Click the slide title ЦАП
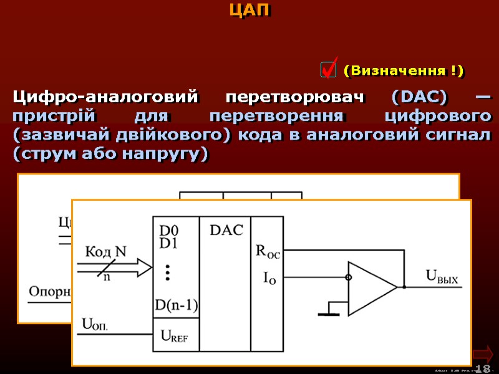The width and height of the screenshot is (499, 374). pyautogui.click(x=249, y=11)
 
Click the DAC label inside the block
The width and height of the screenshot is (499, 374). pyautogui.click(x=226, y=231)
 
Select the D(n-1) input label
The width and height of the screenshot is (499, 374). pyautogui.click(x=177, y=305)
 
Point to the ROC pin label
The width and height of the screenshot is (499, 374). pyautogui.click(x=268, y=252)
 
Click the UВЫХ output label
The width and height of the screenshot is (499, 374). pyautogui.click(x=441, y=279)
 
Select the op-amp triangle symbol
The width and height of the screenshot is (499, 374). pyautogui.click(x=372, y=287)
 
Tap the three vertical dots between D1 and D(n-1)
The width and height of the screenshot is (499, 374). pyautogui.click(x=167, y=272)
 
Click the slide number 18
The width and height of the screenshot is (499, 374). pyautogui.click(x=483, y=368)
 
